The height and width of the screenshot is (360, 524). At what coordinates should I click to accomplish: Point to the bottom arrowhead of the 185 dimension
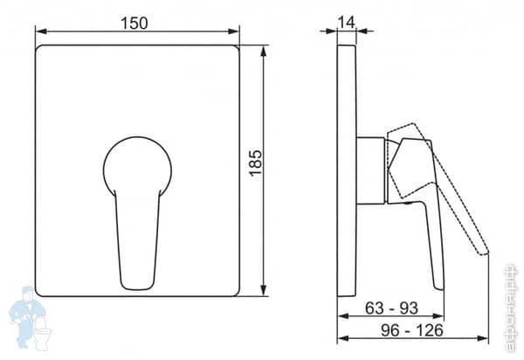pos(264,291)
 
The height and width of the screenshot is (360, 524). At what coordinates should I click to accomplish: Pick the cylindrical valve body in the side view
pos(371,170)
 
